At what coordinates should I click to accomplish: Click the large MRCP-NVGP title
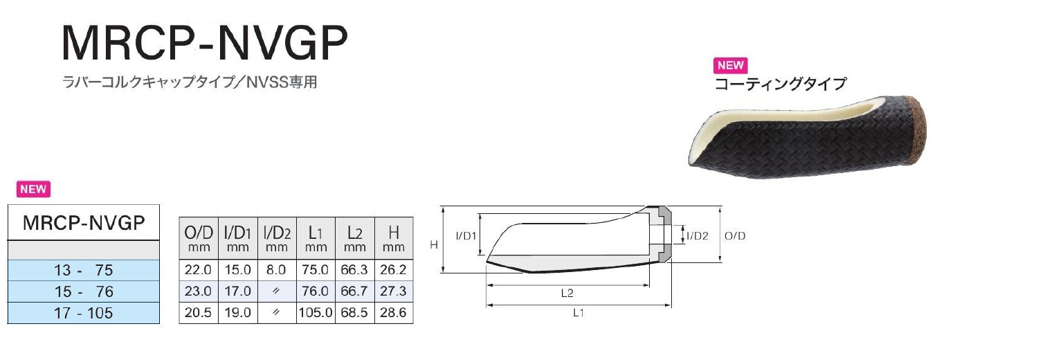click(204, 43)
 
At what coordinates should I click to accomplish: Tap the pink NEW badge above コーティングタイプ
click(730, 65)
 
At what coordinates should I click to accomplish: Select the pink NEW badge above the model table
click(33, 189)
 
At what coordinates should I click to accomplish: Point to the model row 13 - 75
click(84, 270)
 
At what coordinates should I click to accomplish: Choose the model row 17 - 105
click(84, 313)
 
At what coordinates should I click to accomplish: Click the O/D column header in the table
click(199, 238)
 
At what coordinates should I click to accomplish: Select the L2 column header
click(354, 238)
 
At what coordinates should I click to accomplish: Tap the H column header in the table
click(394, 238)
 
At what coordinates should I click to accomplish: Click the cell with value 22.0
click(199, 269)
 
